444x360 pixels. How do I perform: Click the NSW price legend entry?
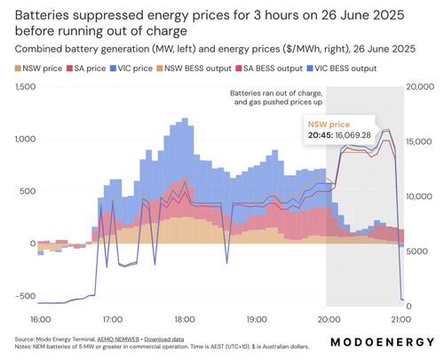tap(39, 68)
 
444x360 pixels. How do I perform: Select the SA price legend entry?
tap(86, 68)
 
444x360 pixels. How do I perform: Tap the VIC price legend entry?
tap(131, 68)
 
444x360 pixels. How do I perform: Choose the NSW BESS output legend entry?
tap(194, 68)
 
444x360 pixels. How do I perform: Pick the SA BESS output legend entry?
tap(269, 68)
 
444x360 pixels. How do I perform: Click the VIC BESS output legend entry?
tap(342, 68)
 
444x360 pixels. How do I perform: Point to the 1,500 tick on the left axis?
tap(25, 87)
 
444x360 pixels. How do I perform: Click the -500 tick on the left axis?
tap(25, 296)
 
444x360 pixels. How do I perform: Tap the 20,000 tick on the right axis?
tap(420, 87)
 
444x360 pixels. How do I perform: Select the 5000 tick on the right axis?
tap(416, 252)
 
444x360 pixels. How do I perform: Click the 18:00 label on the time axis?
tap(185, 320)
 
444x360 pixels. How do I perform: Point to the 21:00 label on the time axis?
tap(400, 320)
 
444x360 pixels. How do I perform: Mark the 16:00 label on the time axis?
tap(41, 320)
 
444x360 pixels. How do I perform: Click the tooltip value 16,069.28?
tap(353, 135)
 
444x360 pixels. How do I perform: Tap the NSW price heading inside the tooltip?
tap(329, 124)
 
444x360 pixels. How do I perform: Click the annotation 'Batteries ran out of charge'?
tap(276, 93)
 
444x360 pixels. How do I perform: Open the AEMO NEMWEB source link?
tap(118, 340)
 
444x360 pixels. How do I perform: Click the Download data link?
tap(164, 340)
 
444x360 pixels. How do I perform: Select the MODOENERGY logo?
tap(383, 342)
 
